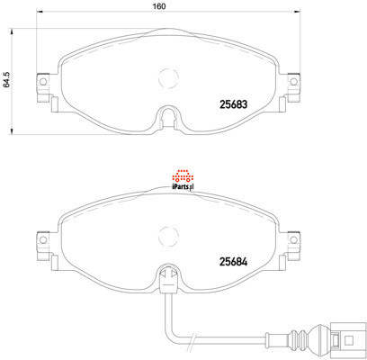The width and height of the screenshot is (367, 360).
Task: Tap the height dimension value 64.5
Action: (6, 79)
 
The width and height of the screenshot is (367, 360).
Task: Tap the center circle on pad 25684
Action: (167, 238)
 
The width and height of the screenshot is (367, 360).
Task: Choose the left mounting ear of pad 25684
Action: (40, 242)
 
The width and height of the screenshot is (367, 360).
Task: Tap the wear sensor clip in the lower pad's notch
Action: (166, 280)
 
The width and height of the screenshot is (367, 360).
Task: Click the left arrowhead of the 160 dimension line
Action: (38, 14)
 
